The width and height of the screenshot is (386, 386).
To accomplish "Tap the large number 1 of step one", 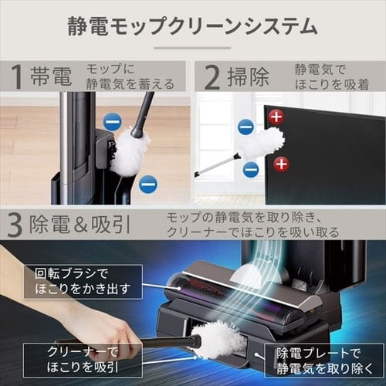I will pyautogui.click(x=16, y=77).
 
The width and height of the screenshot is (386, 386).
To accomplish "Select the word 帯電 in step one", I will pyautogui.click(x=51, y=77).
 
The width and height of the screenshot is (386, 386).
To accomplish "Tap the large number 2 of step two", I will pyautogui.click(x=212, y=77).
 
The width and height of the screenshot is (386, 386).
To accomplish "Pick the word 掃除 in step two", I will pyautogui.click(x=249, y=77).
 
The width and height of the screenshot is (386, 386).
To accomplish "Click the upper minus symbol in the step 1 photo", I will pyautogui.click(x=112, y=121).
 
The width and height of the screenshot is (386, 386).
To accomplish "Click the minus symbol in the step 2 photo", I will pyautogui.click(x=245, y=127).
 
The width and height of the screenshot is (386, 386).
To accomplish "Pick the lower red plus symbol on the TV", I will pyautogui.click(x=281, y=163).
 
